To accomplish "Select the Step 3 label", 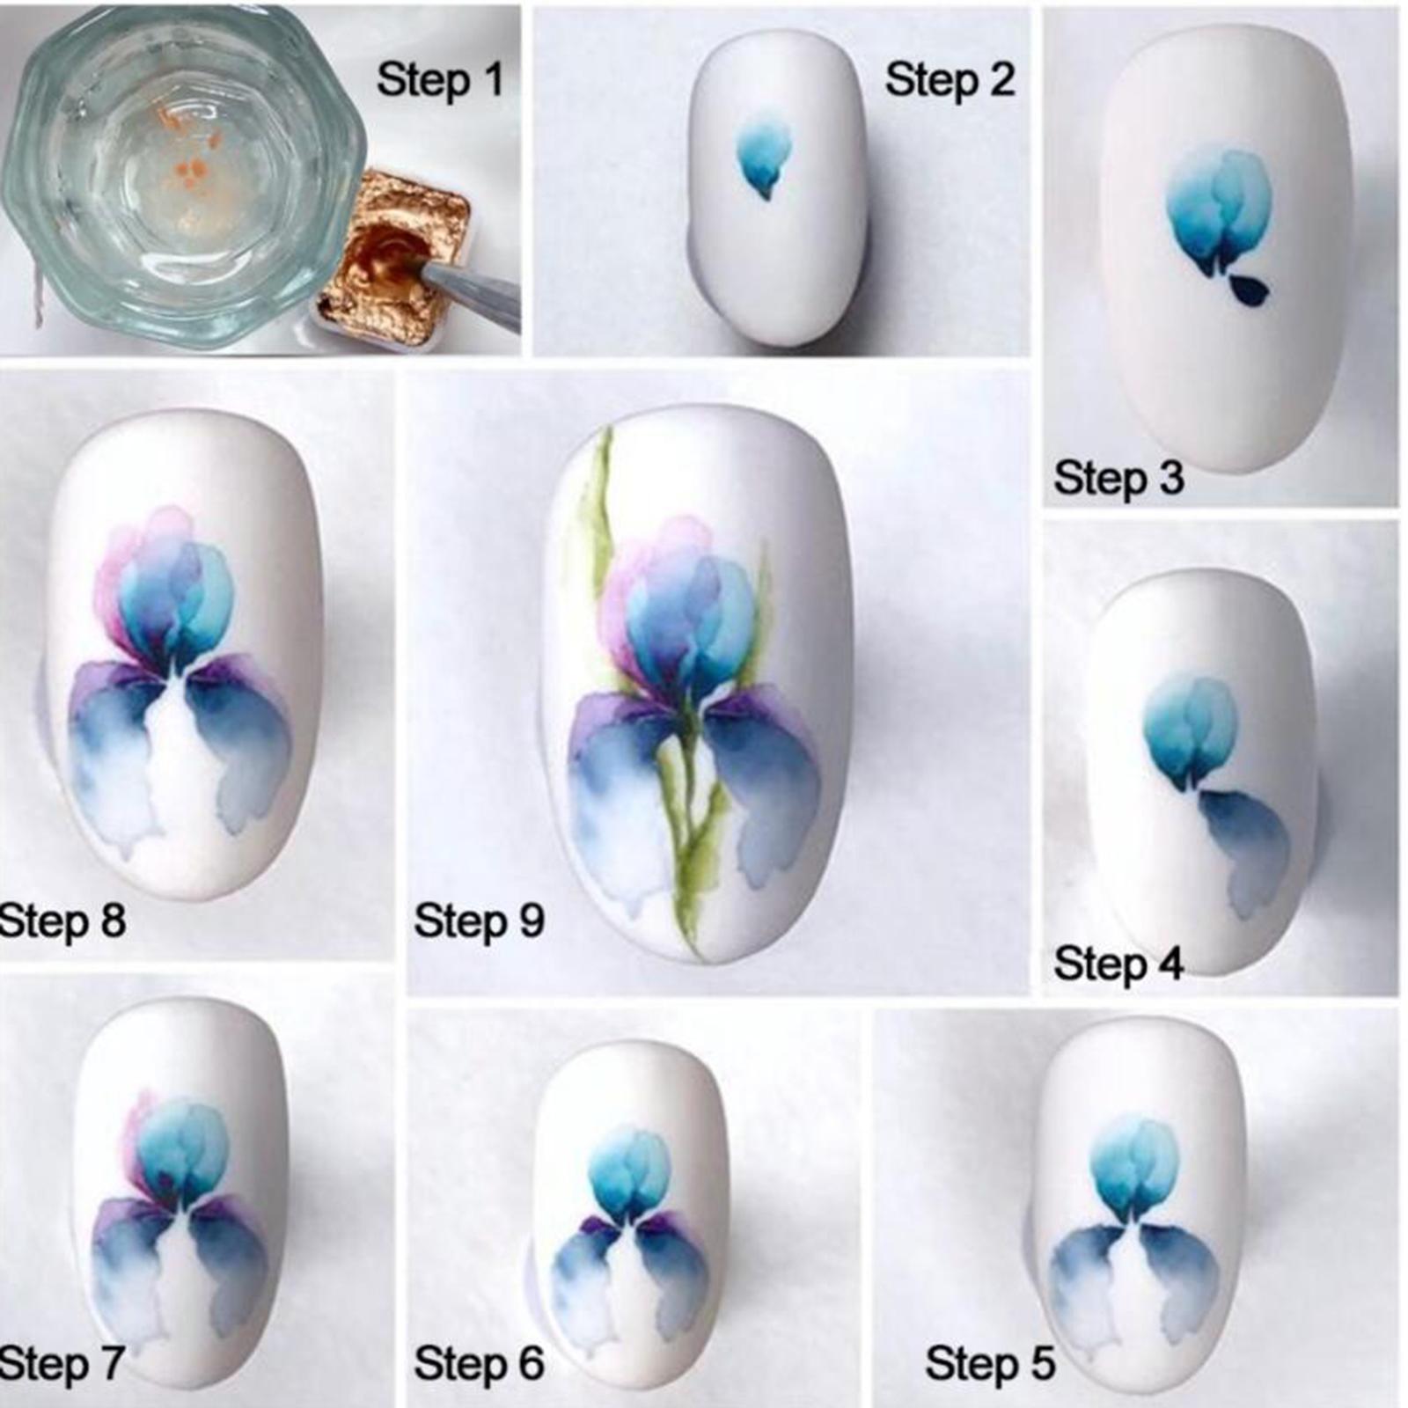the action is pos(1118,479).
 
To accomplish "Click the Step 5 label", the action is pos(990,1363).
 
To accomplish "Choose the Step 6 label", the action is pos(480,1363).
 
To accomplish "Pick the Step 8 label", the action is pos(62,920).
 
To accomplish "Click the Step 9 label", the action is pos(480,920).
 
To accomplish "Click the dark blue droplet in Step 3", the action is pos(1250,291).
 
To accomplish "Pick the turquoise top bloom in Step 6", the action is pos(629,1175).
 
